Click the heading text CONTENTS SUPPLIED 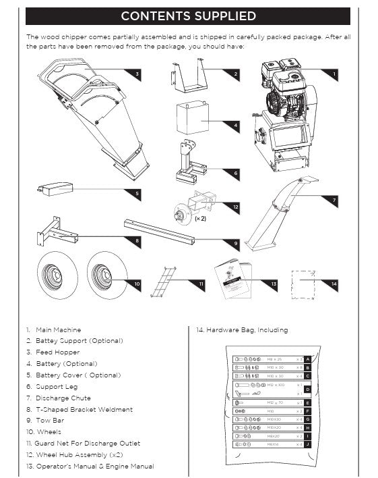click(188, 16)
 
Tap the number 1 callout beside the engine click(334, 73)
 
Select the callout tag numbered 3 click(137, 73)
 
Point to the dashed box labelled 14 click(303, 284)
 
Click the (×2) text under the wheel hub click(200, 219)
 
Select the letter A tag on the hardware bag click(307, 359)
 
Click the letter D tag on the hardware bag click(307, 389)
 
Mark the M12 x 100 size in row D click(276, 385)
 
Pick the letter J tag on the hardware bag click(307, 444)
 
